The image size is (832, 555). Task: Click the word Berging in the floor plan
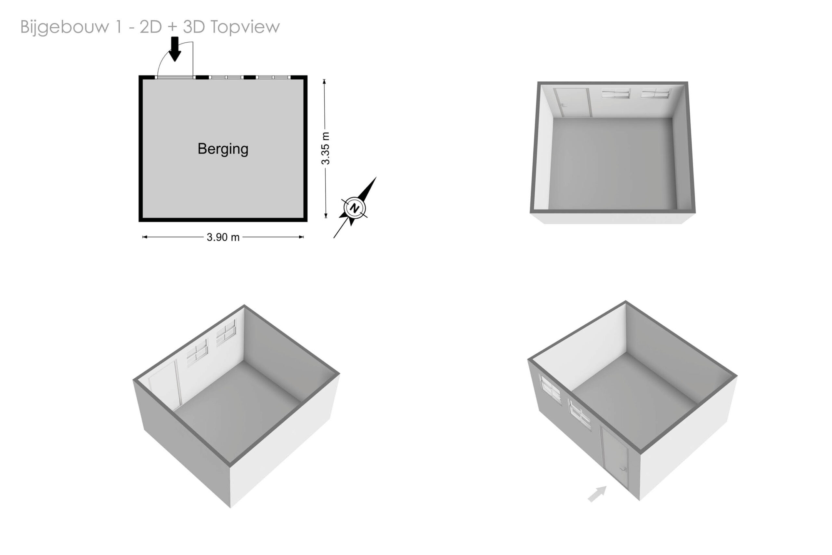(x=223, y=149)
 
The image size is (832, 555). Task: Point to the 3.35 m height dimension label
(x=325, y=148)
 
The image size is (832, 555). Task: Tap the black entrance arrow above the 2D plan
(x=175, y=49)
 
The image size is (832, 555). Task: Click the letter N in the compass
(x=354, y=208)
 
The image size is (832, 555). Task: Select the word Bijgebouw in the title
(x=65, y=27)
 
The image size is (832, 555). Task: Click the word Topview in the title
(x=245, y=27)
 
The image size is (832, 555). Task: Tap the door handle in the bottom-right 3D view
(x=623, y=469)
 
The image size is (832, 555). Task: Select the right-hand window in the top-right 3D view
(x=655, y=93)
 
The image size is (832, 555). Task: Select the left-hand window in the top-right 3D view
(x=616, y=93)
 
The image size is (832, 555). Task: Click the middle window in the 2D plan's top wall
(x=226, y=77)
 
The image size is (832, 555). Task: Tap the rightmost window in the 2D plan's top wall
(x=273, y=77)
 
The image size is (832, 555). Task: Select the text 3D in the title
(x=194, y=27)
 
